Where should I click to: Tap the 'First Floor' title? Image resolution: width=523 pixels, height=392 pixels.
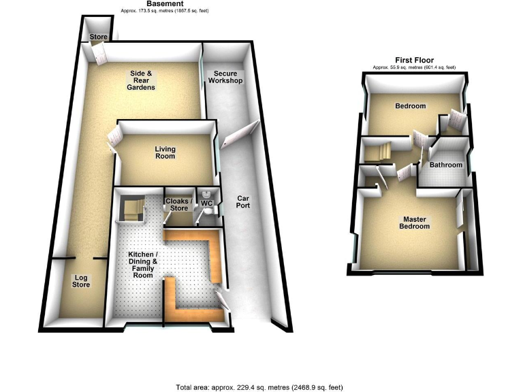coord(414,60)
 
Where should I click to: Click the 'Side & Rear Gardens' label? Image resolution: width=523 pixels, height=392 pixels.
coord(144,80)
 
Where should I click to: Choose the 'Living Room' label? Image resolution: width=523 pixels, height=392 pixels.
coord(165,152)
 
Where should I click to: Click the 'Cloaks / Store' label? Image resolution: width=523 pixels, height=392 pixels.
coord(178,204)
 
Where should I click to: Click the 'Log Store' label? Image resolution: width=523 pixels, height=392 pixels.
coord(81,281)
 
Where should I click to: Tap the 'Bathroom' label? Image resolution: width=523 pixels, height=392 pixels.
coord(445,165)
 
